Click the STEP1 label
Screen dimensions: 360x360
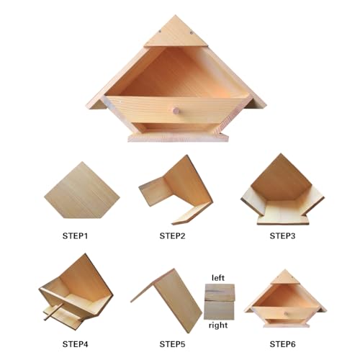(x=75, y=236)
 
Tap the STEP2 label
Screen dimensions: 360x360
(x=172, y=236)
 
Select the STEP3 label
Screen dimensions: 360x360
(x=282, y=236)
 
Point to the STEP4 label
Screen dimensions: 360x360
(x=75, y=344)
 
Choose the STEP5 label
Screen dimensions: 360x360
(x=172, y=344)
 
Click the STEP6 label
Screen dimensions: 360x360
(x=282, y=344)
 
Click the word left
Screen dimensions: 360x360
(x=218, y=278)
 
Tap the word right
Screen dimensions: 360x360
(x=218, y=325)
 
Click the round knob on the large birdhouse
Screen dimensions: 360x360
(x=176, y=111)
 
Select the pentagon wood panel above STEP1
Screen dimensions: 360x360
(x=82, y=192)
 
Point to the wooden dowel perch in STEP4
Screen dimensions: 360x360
(x=53, y=311)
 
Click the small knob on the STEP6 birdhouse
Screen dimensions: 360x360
(x=286, y=313)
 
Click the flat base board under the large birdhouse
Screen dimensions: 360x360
(x=178, y=138)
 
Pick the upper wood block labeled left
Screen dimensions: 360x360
(x=220, y=292)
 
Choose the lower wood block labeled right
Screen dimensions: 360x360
(x=219, y=310)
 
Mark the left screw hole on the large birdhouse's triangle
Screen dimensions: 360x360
(x=160, y=31)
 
